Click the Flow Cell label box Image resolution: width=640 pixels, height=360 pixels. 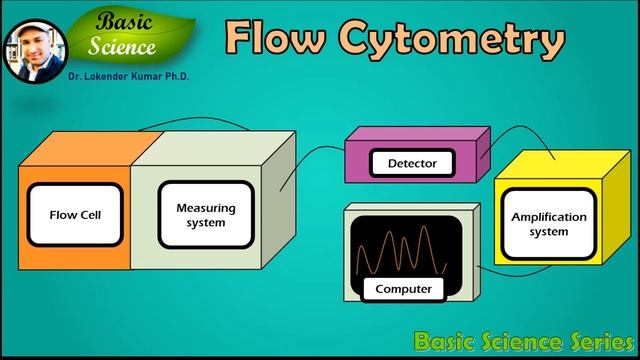76,214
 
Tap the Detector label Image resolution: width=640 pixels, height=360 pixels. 404,162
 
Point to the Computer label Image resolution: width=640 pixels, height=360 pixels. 403,289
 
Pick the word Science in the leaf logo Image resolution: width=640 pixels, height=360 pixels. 122,45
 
